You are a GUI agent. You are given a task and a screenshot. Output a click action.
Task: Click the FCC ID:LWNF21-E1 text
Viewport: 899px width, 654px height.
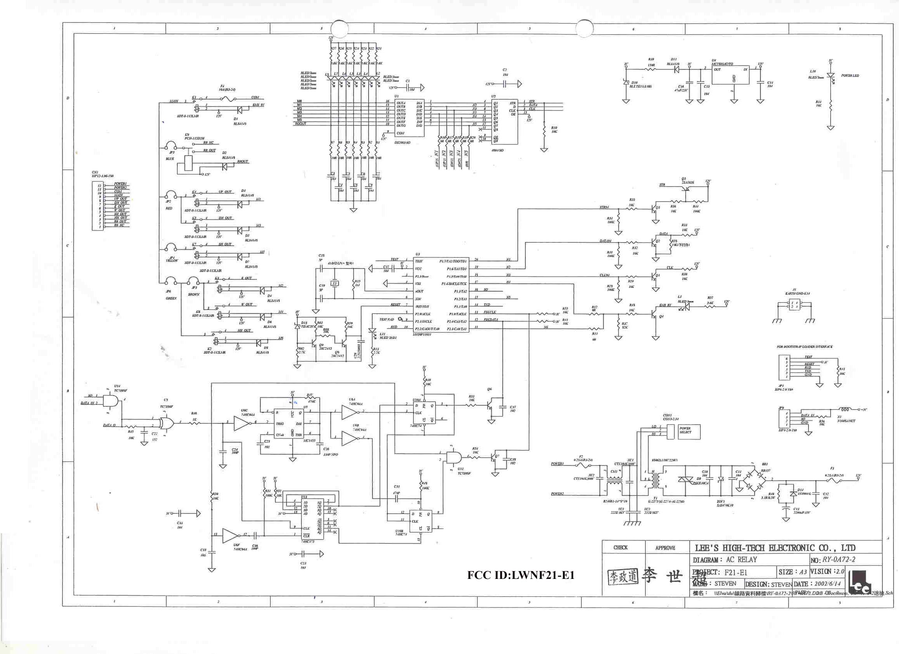(520, 575)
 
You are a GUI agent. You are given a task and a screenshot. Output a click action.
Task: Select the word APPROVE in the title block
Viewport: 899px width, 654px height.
(665, 548)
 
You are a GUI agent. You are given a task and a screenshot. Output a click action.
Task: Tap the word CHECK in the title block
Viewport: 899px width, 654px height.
(620, 548)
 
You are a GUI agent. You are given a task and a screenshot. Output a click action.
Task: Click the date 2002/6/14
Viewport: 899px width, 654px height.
(827, 584)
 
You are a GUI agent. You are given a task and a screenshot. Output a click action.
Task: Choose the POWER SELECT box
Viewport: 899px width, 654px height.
(689, 431)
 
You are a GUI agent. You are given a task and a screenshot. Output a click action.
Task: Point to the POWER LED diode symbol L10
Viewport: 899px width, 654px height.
(831, 76)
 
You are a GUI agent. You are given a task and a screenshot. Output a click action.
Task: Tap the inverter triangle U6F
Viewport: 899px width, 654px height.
(230, 536)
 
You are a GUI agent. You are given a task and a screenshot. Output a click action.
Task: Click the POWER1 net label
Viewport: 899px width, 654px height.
(557, 464)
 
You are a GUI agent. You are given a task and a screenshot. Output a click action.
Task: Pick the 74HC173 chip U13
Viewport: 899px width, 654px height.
(312, 519)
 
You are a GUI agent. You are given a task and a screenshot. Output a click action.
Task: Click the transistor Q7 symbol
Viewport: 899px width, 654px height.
(495, 457)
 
